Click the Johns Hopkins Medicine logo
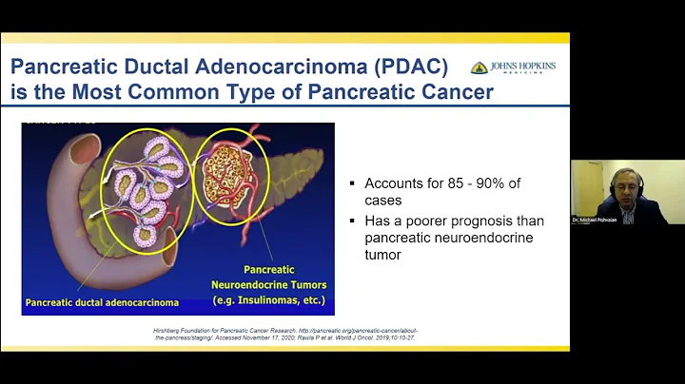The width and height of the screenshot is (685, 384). coord(513,68)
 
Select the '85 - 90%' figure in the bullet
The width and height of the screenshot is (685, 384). coord(494,182)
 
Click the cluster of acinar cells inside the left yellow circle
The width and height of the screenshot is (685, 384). coord(146,181)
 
